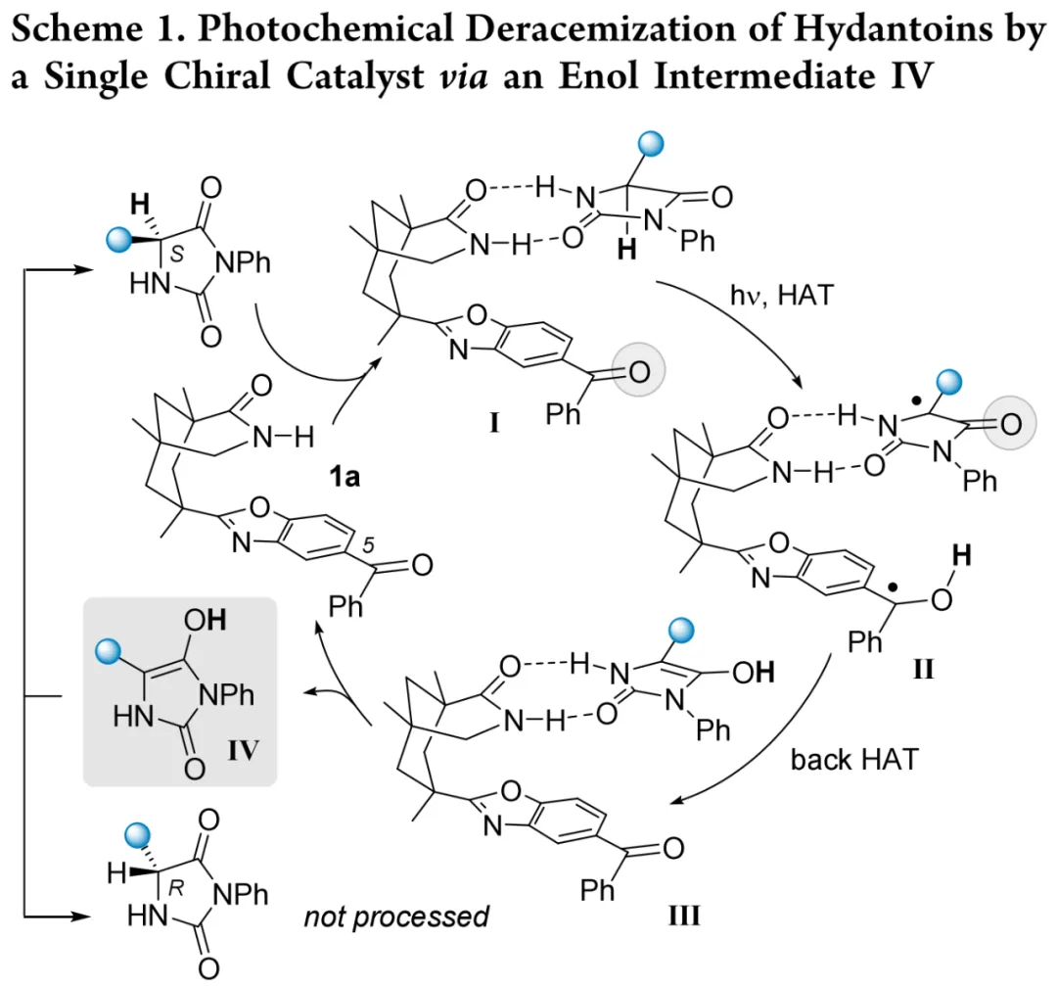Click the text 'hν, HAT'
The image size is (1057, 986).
point(778,294)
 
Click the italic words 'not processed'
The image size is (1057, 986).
point(395,916)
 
